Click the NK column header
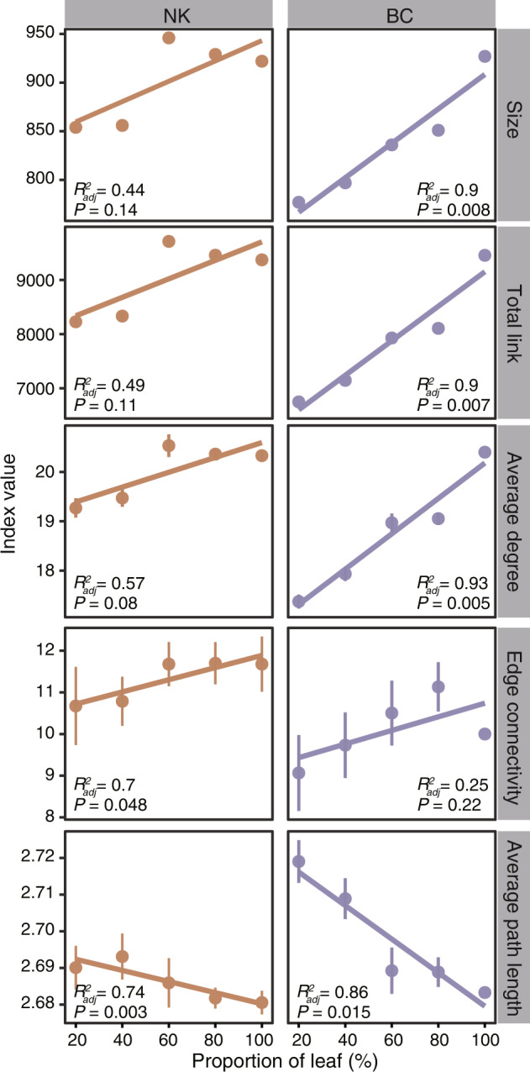tap(169, 13)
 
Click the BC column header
tap(391, 13)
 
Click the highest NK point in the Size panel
tap(169, 38)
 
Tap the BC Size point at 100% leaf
tap(485, 56)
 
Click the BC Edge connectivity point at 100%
tap(485, 733)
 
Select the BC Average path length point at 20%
tap(298, 862)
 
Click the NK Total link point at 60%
tap(169, 242)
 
